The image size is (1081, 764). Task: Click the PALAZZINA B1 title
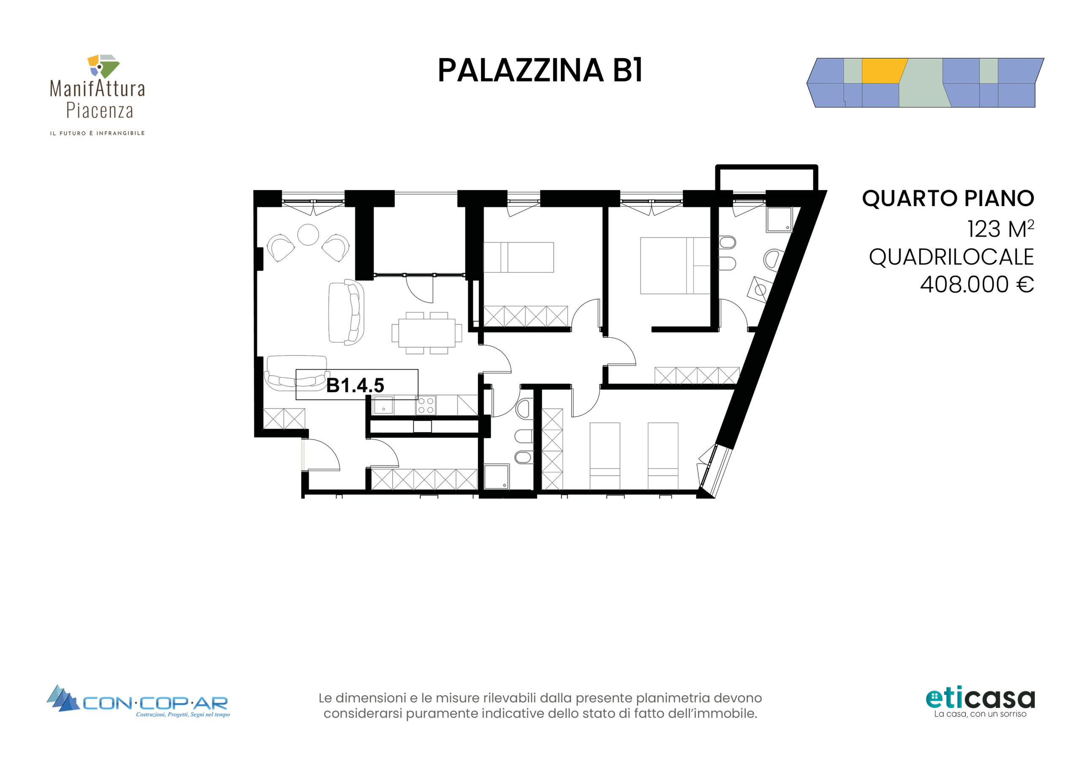540,70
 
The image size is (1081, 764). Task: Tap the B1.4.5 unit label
356,385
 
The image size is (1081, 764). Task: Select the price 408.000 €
977,284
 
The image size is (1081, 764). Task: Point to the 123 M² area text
1000,229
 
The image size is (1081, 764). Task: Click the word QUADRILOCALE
951,257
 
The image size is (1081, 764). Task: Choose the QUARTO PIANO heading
948,198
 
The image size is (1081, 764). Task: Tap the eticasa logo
980,703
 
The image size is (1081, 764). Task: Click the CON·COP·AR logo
138,702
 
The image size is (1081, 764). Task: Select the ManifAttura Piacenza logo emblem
103,66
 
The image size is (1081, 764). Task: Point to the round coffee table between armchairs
308,234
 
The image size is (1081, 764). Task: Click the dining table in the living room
426,333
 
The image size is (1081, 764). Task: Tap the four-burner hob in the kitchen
426,406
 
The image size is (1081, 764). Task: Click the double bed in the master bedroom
675,266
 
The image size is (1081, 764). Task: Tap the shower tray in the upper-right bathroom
779,219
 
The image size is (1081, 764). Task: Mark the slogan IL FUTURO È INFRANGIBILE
98,133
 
